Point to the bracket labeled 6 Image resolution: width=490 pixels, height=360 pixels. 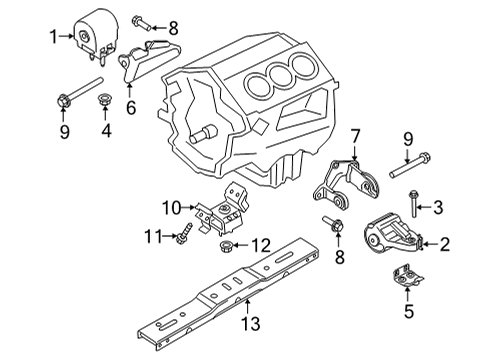144,65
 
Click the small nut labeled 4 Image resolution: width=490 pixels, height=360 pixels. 103,100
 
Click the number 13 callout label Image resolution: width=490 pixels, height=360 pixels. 249,324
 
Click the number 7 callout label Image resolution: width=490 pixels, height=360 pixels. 353,134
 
